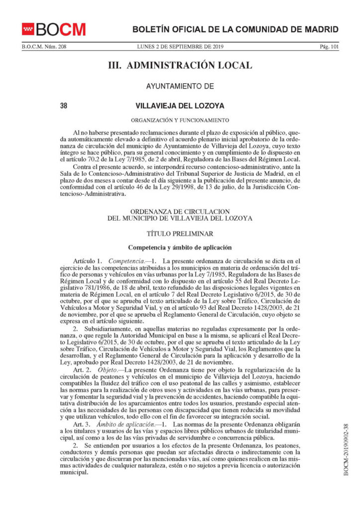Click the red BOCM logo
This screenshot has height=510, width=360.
pos(53,29)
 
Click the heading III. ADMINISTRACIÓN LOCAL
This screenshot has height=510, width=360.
pos(180,66)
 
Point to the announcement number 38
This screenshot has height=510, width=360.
pos(63,106)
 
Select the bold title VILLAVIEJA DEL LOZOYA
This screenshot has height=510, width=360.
pos(180,106)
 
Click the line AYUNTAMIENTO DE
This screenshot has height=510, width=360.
pos(180,86)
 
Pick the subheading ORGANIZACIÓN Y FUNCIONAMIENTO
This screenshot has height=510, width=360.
pos(180,120)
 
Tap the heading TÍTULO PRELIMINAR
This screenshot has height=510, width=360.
pos(180,233)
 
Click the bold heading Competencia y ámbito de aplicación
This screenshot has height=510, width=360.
pos(180,247)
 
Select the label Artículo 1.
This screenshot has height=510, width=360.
pos(87,261)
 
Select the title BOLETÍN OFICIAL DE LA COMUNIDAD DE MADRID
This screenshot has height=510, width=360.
pos(235,29)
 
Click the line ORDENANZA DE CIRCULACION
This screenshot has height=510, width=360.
pos(180,212)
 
